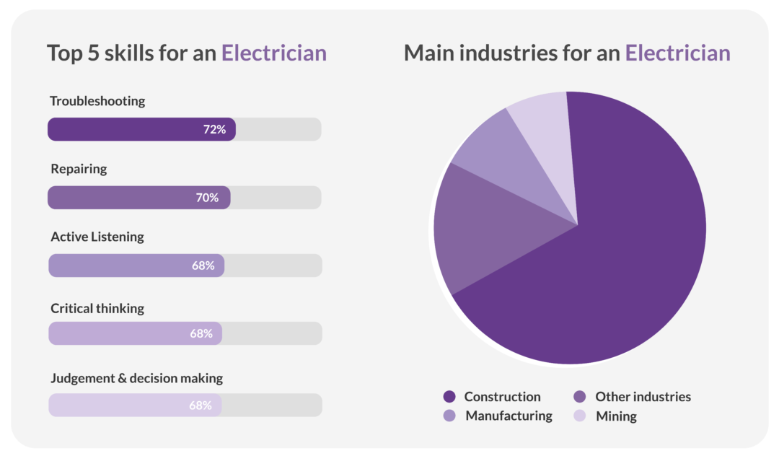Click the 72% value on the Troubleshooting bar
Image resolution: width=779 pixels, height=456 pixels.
pos(214,129)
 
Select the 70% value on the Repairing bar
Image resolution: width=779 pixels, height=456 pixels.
pos(207,198)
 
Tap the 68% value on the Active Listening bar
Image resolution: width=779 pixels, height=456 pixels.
pos(203,266)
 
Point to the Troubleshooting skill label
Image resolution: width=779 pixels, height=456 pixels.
pos(97,101)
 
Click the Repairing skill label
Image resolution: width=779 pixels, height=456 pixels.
pos(79,169)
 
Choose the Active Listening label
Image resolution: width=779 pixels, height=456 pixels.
pos(97,237)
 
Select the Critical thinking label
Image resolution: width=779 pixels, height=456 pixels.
pos(97,308)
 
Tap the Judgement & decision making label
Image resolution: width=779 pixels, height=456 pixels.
pos(136,378)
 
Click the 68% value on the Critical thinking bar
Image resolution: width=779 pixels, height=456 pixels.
pos(201,333)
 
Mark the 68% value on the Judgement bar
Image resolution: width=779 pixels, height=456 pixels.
pos(201,405)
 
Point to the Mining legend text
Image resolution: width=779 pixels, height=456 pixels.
pos(616,416)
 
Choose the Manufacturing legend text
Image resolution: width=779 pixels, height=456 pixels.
pos(509,416)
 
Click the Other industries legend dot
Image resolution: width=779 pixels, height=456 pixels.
pos(579,397)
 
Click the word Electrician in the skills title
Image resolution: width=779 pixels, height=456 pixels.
pos(273,53)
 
